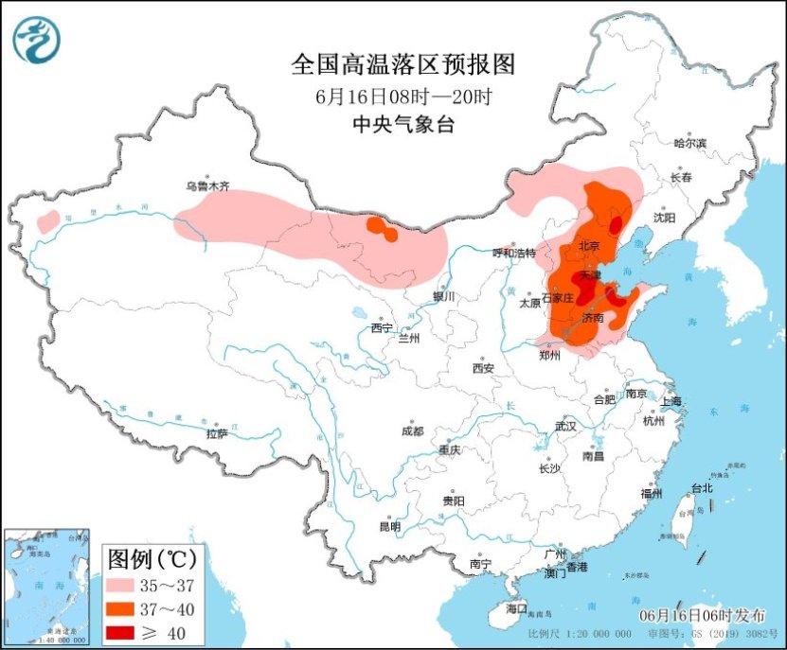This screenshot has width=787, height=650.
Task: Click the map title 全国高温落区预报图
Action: pos(402,65)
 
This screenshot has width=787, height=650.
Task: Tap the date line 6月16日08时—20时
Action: pos(402,97)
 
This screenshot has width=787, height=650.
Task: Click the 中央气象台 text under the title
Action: pos(402,124)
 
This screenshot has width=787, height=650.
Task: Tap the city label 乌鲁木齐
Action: pos(206,186)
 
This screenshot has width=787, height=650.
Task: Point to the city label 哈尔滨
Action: pos(690,143)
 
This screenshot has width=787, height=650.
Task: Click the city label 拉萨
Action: pos(217,433)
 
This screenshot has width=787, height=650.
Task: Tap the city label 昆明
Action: pos(389,526)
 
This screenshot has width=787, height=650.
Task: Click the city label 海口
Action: pos(515,606)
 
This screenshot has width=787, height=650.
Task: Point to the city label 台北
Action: pos(701,488)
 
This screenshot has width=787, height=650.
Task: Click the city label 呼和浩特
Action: pos(514,253)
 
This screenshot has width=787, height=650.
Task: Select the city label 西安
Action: pos(483,367)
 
